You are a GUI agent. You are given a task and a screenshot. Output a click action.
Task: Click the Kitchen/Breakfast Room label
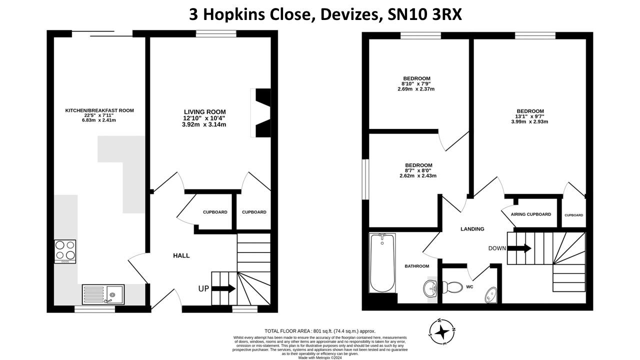point(99,110)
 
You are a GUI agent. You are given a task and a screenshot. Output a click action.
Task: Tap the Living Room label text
point(204,111)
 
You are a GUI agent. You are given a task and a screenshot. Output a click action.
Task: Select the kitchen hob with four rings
point(65,251)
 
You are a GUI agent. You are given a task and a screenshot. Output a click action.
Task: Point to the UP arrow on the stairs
point(223,288)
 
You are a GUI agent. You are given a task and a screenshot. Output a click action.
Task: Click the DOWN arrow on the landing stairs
point(520,248)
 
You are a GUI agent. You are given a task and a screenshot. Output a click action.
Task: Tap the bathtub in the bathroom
point(382,263)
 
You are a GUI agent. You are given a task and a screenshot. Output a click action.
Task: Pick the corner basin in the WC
point(491,295)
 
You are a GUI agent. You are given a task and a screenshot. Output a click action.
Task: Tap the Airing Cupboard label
point(530,214)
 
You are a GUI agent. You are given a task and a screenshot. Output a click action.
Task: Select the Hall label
point(181,255)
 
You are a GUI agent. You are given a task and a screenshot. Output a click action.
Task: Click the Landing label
point(472,229)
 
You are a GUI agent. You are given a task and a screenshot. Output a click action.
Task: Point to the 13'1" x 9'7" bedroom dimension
point(530,116)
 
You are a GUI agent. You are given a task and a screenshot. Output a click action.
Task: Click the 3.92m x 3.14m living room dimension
point(204,124)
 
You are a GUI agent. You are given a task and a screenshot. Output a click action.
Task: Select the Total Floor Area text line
point(319,331)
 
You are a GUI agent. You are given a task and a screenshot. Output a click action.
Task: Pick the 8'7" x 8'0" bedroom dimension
point(418,170)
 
